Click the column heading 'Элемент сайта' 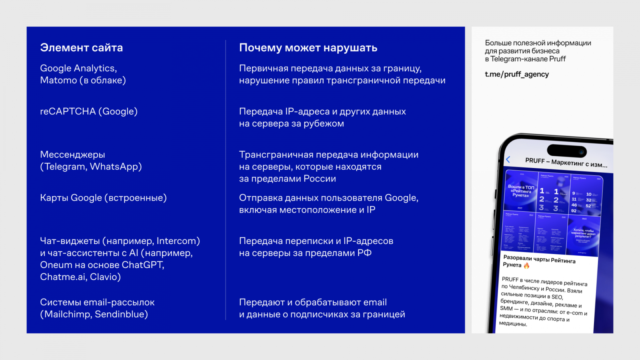pyautogui.click(x=81, y=48)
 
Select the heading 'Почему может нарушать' pyautogui.click(x=308, y=48)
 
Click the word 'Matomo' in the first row pyautogui.click(x=58, y=80)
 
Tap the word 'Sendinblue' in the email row pyautogui.click(x=121, y=314)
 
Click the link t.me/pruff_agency pyautogui.click(x=517, y=74)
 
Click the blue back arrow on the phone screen pyautogui.click(x=508, y=159)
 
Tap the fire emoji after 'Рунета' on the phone pyautogui.click(x=526, y=266)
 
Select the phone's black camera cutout pyautogui.click(x=566, y=151)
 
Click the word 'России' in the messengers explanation pyautogui.click(x=320, y=179)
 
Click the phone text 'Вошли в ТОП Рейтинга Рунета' pyautogui.click(x=521, y=191)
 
